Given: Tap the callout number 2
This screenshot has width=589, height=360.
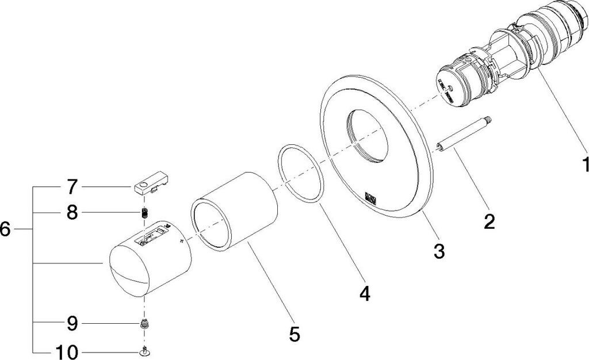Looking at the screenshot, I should click(489, 222).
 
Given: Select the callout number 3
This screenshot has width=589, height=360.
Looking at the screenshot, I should click(439, 250).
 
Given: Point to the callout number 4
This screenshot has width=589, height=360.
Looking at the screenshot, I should click(364, 294).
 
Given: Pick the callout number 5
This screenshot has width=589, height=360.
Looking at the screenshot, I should click(294, 334).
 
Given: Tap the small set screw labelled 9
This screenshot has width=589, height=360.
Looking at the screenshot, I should click(145, 325).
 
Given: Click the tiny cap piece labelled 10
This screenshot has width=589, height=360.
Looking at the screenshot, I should click(145, 351).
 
